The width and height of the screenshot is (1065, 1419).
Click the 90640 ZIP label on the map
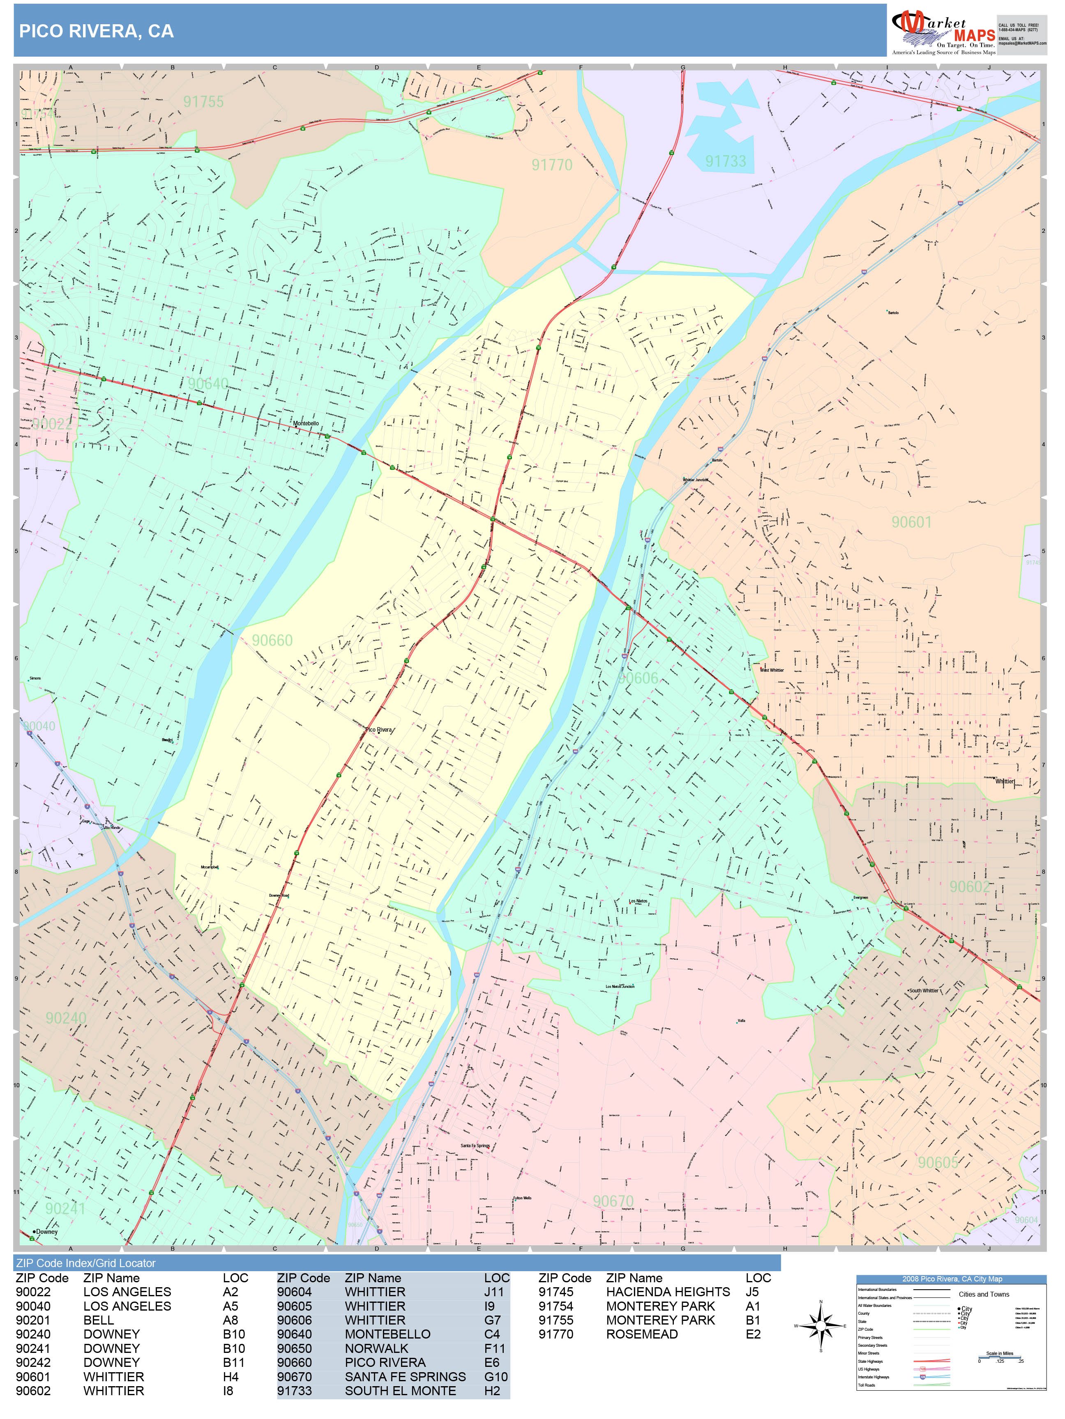coord(207,383)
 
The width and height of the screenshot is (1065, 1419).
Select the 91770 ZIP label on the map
coord(551,165)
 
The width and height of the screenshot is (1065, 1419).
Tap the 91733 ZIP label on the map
coord(725,161)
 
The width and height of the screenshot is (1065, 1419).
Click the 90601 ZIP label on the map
coord(911,522)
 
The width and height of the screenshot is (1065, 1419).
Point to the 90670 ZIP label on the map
coord(613,1201)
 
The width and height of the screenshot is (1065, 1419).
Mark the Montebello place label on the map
coord(306,423)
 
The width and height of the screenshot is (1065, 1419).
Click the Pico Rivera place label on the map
coord(378,729)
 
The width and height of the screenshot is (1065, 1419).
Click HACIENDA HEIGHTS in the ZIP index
coord(668,1292)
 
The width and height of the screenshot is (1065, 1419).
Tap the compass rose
coord(821,1325)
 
